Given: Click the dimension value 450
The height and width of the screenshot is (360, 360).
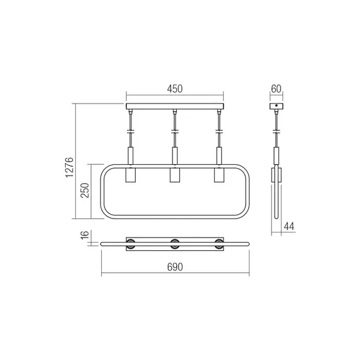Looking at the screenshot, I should click(x=175, y=89).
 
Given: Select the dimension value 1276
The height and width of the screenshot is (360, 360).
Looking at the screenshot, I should click(x=69, y=168).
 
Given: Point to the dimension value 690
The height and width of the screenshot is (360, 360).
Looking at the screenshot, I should click(x=175, y=268).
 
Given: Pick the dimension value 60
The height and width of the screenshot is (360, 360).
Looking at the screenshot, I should click(x=276, y=89).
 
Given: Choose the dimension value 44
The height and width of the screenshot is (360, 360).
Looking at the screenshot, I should click(x=289, y=225).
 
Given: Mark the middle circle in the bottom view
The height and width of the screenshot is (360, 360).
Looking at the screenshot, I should click(x=175, y=244).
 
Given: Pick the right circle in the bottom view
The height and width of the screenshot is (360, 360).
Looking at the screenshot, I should click(x=220, y=244).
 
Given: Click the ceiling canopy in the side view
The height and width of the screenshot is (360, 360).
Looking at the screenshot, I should click(x=276, y=106).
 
